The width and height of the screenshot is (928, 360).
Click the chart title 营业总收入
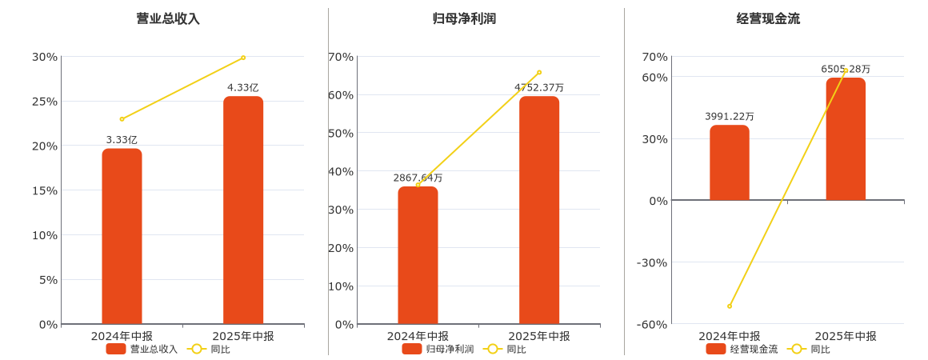click(x=168, y=18)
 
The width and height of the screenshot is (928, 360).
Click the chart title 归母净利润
click(x=464, y=18)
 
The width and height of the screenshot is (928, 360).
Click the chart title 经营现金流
click(x=768, y=18)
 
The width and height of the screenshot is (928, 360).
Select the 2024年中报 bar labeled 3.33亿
click(x=122, y=236)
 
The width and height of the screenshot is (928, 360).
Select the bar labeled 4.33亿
click(x=243, y=210)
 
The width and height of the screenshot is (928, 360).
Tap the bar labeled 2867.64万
click(x=418, y=255)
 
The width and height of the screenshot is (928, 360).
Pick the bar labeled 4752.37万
click(x=539, y=210)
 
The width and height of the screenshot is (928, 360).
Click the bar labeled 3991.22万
click(x=730, y=162)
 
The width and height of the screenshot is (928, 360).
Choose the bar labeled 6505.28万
click(x=846, y=138)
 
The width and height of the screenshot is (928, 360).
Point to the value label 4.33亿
click(x=243, y=87)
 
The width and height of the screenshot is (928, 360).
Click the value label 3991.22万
click(x=730, y=116)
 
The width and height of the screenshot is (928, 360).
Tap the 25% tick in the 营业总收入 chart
click(x=45, y=101)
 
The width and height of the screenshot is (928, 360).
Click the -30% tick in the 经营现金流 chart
click(x=651, y=262)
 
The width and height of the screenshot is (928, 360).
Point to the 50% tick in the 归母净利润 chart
click(x=341, y=133)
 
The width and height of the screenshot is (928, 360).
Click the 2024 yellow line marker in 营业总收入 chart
click(x=122, y=119)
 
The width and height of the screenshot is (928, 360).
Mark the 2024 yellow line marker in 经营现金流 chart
click(x=730, y=306)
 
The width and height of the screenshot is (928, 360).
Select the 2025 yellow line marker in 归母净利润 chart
click(x=539, y=72)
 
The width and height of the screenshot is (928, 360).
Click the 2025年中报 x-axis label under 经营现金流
click(x=846, y=336)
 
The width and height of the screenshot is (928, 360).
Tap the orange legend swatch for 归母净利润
click(x=412, y=349)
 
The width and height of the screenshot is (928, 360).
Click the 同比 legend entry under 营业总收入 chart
click(x=210, y=349)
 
